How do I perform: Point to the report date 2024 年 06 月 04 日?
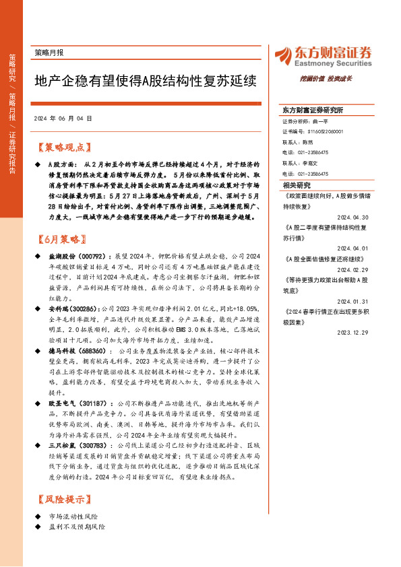[x=62, y=118]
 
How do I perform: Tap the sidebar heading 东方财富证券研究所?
[x=313, y=110]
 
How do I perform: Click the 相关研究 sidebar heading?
[x=297, y=185]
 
